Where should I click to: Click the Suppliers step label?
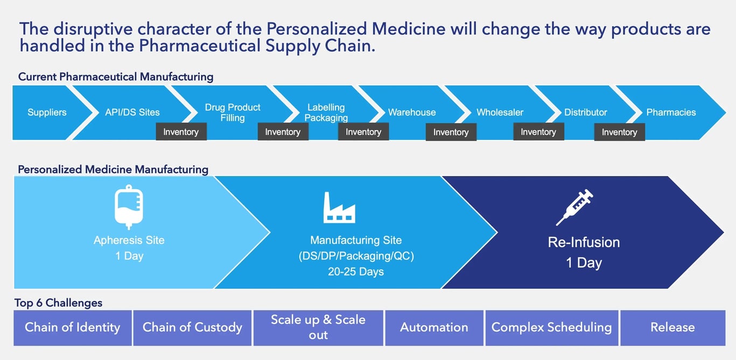(x=47, y=112)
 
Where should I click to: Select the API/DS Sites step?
(x=132, y=112)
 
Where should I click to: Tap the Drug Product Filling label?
(x=233, y=112)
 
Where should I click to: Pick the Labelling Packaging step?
(x=326, y=112)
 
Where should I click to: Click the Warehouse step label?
(x=412, y=112)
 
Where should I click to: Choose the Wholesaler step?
(x=500, y=112)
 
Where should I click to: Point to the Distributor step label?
(x=585, y=112)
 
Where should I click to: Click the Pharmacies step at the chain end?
(x=671, y=112)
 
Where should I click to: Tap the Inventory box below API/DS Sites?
(x=181, y=132)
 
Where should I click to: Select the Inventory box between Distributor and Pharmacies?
(x=619, y=132)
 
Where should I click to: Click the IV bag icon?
(x=129, y=207)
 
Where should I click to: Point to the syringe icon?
(x=574, y=207)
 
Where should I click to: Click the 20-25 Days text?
(x=356, y=272)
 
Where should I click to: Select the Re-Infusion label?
(x=584, y=242)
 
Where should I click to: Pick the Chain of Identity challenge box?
(x=73, y=327)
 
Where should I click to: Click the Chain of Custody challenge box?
(x=192, y=327)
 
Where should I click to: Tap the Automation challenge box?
(x=434, y=327)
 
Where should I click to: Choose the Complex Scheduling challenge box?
(x=551, y=327)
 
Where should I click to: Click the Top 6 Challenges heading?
(x=58, y=303)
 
